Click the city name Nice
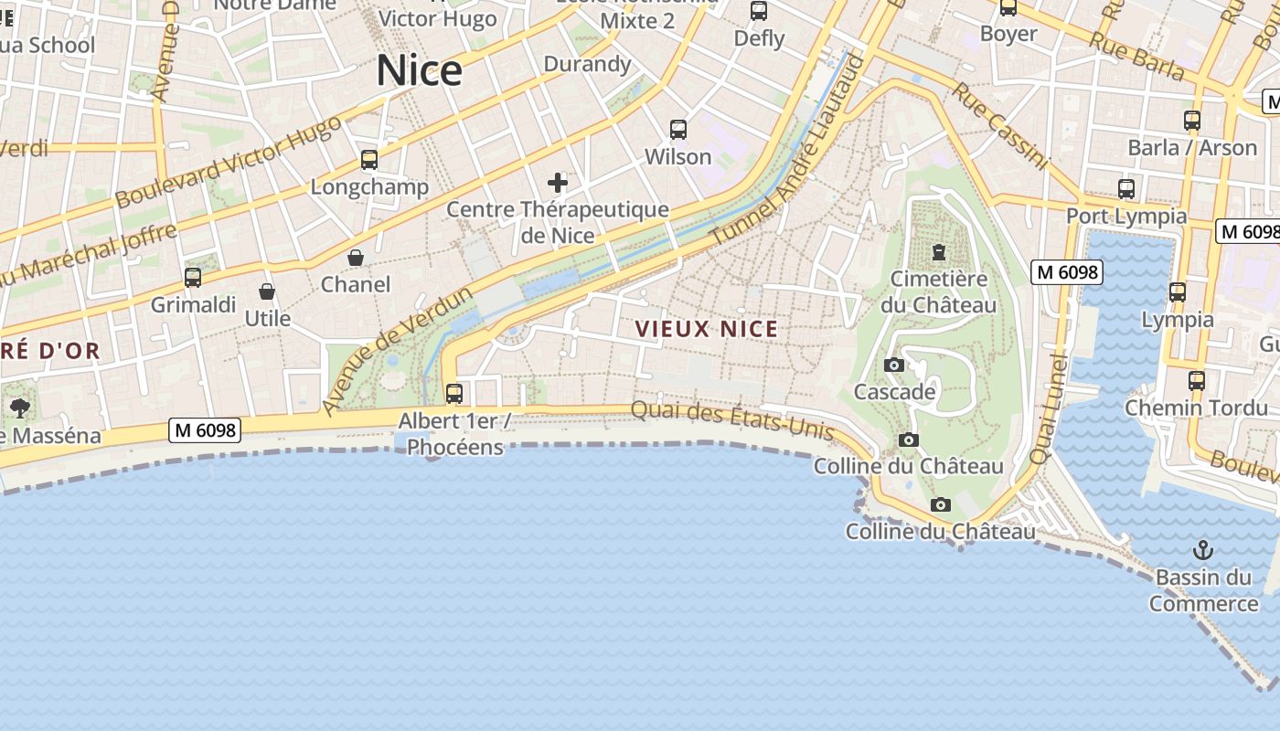tap(419, 70)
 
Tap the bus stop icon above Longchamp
tap(369, 160)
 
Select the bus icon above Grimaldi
tap(193, 278)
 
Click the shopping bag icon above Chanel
tap(356, 258)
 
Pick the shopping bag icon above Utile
tap(267, 291)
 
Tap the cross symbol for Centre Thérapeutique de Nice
tap(558, 183)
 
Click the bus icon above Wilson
tap(677, 130)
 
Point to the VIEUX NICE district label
tap(707, 329)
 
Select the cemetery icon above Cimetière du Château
tap(938, 251)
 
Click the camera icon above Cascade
tap(894, 365)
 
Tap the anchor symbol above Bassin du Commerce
tap(1203, 550)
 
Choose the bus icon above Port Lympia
tap(1126, 189)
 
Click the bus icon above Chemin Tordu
tap(1196, 381)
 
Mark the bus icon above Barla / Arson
tap(1191, 121)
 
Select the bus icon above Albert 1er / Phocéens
tap(453, 394)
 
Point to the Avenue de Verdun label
tap(398, 350)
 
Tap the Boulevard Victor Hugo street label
tap(228, 161)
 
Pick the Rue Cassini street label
tap(1000, 126)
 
